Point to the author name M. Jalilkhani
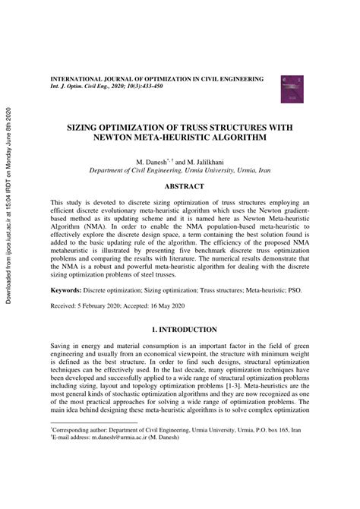point(204,163)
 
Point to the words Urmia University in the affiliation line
point(217,172)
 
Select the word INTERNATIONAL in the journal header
point(81,79)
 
